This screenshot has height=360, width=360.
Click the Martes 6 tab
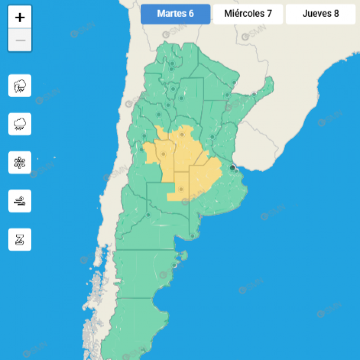175,14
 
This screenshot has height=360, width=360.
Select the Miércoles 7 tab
248,14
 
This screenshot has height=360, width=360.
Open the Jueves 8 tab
321,14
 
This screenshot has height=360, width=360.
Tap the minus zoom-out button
20,41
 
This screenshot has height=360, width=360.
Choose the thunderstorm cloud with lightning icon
20,86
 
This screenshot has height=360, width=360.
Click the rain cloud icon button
20,124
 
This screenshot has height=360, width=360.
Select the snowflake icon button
20,162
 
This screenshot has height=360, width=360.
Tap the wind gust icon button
20,201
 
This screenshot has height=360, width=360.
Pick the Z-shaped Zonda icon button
20,239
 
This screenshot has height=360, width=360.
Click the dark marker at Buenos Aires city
232,168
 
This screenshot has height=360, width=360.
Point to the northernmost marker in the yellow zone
182,135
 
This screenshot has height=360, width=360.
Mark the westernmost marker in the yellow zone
163,154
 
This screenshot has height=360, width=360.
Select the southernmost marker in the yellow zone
181,189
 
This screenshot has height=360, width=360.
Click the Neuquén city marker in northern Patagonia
148,215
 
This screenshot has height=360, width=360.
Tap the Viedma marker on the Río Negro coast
192,236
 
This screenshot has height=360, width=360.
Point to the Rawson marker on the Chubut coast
175,265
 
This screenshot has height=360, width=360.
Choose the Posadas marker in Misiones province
254,94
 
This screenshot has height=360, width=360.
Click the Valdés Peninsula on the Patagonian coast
183,255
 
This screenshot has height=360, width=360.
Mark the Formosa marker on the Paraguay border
234,83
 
